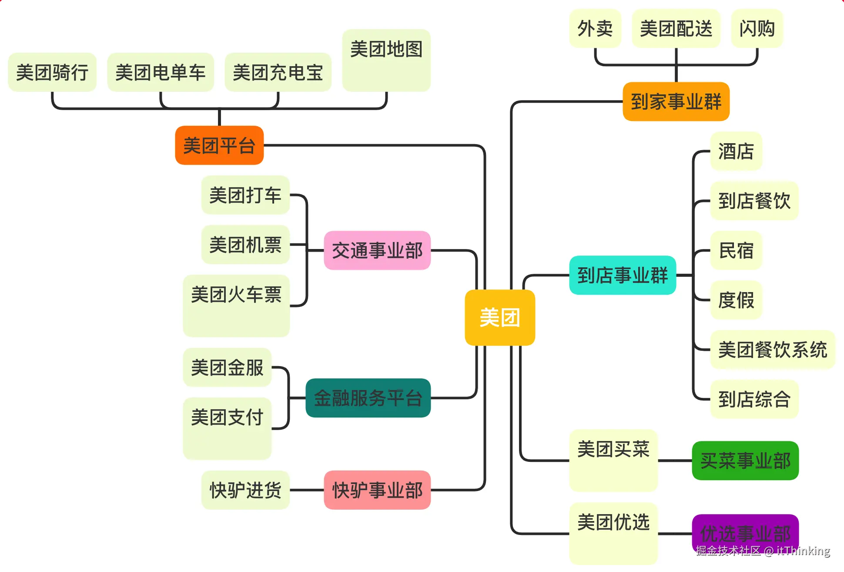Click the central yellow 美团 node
499,317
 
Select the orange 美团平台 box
219,145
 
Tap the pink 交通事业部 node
377,250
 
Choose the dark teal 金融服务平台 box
368,398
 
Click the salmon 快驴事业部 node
377,490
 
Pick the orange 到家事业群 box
676,101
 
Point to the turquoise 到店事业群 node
623,275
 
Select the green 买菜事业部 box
745,461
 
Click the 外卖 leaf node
595,29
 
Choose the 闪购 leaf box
757,29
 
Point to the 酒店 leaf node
736,151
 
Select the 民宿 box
736,250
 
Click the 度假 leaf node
736,300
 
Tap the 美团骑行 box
52,72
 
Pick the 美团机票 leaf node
245,245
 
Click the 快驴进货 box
245,490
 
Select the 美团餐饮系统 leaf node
773,350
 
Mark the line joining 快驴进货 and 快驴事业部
307,490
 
